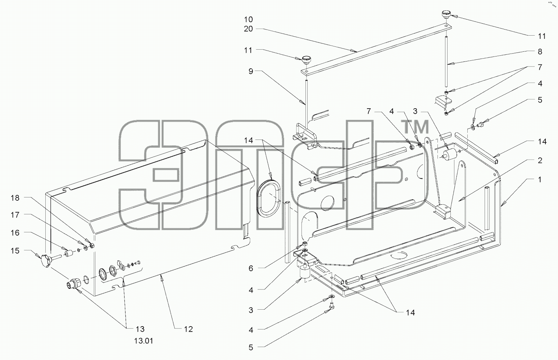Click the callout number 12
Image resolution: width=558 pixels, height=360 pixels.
click(x=188, y=329)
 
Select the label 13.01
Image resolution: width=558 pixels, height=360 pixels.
click(x=144, y=341)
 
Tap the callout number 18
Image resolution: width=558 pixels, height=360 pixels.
click(x=15, y=198)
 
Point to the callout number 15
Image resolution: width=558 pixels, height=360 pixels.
click(x=15, y=251)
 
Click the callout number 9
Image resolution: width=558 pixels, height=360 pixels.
click(x=251, y=72)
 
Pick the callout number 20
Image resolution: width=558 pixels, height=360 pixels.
click(x=248, y=29)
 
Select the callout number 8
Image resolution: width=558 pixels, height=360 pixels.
click(x=540, y=51)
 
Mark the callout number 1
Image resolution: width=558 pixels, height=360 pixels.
click(x=540, y=179)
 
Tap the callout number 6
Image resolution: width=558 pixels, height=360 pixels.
click(x=251, y=268)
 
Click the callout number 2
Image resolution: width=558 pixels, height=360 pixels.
click(x=540, y=160)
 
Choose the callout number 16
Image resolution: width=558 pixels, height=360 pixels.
click(x=15, y=233)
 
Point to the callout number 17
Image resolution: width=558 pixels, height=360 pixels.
click(x=15, y=215)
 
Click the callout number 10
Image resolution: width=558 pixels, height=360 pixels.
click(x=248, y=19)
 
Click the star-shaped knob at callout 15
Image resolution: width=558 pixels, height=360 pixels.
click(x=46, y=261)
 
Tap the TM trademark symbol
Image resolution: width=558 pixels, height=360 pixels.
click(x=414, y=127)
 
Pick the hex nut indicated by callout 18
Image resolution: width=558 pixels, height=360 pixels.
click(x=92, y=246)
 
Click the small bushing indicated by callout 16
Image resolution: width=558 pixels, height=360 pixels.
click(x=68, y=254)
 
